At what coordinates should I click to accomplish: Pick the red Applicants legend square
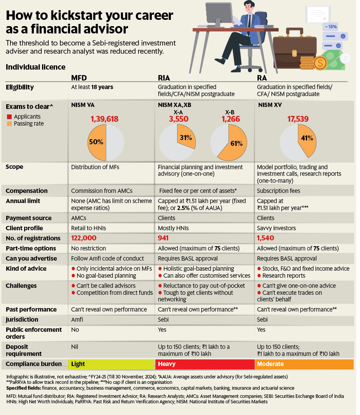(x=9, y=117)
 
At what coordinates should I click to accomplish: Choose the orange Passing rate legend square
(x=9, y=124)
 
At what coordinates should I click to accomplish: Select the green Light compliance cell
(x=111, y=364)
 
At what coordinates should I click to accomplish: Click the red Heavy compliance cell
(x=205, y=364)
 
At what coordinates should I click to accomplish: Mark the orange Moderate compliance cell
(x=304, y=364)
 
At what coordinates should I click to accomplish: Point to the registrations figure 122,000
(x=83, y=238)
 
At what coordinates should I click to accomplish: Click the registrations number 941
(x=164, y=238)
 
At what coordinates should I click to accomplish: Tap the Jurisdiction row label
(x=22, y=320)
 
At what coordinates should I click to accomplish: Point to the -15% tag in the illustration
(x=332, y=26)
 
